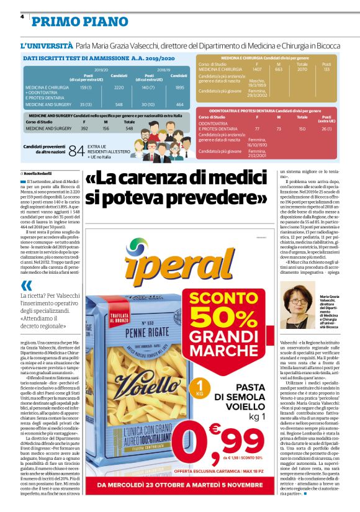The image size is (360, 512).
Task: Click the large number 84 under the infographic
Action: click(x=76, y=151)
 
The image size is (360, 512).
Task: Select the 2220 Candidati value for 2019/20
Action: click(x=120, y=88)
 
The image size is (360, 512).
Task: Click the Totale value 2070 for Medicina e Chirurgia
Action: click(x=302, y=70)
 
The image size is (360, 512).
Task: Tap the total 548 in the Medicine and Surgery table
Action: click(x=129, y=128)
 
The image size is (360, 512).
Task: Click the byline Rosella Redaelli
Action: click(x=39, y=173)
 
